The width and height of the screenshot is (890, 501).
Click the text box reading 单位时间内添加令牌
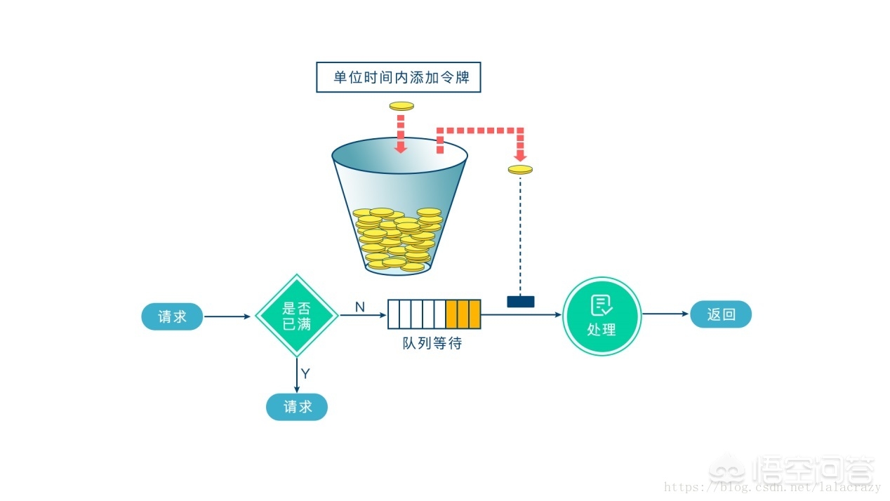[x=399, y=77]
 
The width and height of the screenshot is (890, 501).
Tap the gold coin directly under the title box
[x=401, y=106]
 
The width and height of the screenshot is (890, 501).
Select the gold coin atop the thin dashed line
[x=520, y=169]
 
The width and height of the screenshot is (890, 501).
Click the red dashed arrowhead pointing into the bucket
[x=400, y=147]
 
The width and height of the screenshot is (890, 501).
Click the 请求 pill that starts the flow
[x=172, y=316]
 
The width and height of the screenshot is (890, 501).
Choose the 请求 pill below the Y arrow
[x=296, y=407]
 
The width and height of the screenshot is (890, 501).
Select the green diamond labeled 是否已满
[x=296, y=316]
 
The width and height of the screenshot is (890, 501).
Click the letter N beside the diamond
[x=359, y=307]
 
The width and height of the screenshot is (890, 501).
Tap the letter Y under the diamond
[x=305, y=373]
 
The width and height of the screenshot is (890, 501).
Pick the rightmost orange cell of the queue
[x=474, y=314]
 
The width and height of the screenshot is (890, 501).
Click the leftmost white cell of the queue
[x=394, y=314]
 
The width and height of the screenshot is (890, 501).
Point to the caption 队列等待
[x=432, y=343]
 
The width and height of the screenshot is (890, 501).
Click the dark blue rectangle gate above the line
[x=520, y=302]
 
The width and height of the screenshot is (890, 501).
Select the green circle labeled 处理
[x=602, y=316]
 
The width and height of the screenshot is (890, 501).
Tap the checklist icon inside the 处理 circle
[x=602, y=305]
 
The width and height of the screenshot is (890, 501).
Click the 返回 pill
[x=720, y=314]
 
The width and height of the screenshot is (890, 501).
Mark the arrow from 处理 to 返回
[x=665, y=314]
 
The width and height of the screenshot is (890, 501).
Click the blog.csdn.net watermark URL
[x=772, y=487]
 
